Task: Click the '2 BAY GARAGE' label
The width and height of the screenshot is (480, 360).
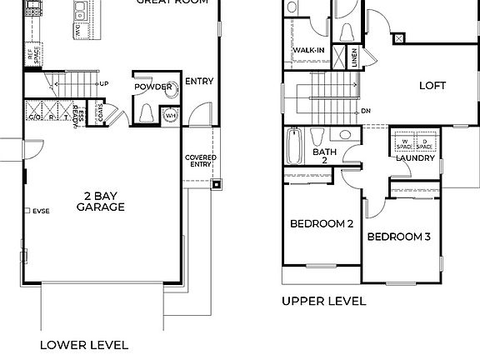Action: coord(101,202)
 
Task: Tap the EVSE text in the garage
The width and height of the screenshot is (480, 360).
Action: coord(41,211)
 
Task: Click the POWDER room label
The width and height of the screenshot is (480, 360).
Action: coord(152,87)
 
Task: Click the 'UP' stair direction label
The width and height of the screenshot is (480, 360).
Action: coord(104,84)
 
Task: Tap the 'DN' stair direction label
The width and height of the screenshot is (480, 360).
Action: coord(366,110)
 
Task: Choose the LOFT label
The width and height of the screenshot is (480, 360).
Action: coord(432,85)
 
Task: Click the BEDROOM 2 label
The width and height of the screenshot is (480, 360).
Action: coord(322,223)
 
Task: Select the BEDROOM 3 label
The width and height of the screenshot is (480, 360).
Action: coord(399,237)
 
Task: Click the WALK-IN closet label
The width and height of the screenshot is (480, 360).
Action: coord(308,50)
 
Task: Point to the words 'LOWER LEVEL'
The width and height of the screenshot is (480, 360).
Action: coord(84,344)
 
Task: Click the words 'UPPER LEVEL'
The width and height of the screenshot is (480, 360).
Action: coord(323,301)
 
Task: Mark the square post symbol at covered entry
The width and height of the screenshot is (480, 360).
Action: coord(217,185)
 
